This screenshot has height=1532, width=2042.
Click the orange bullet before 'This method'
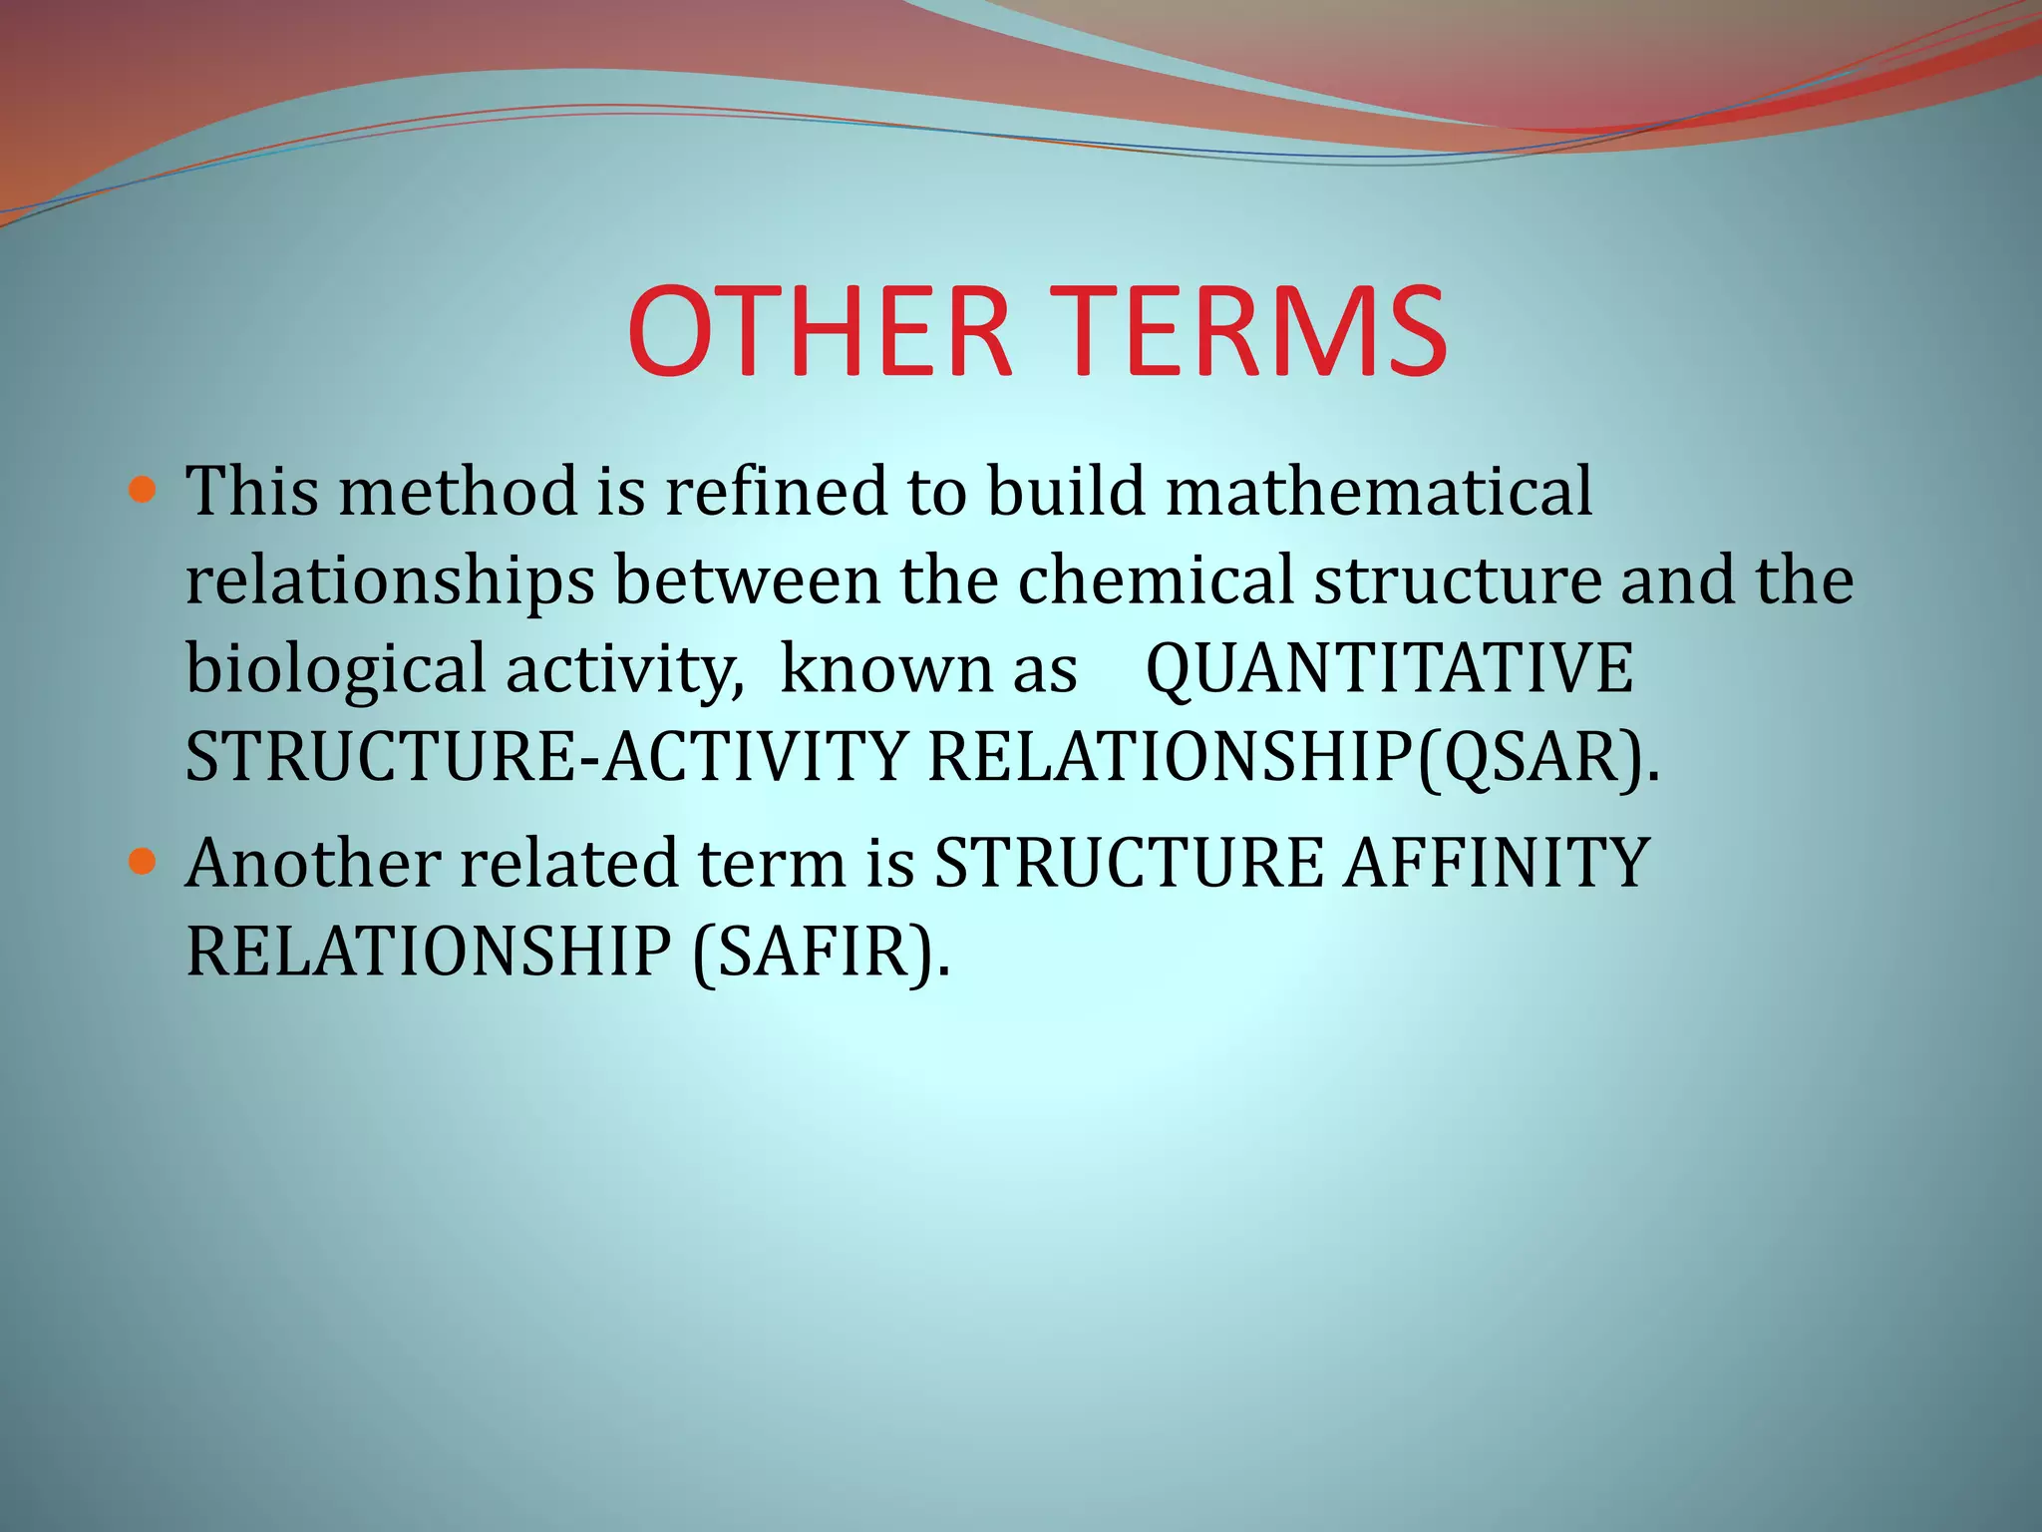coord(144,491)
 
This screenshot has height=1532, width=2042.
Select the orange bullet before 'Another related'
coord(144,861)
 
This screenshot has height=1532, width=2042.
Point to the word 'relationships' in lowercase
coord(390,580)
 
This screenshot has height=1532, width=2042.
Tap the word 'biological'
coord(335,668)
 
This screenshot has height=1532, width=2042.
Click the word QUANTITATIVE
coord(1389,668)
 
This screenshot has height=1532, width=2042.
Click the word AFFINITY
coord(1496,862)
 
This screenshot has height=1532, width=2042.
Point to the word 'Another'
coord(313,862)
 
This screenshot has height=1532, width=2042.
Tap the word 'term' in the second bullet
coord(771,862)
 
